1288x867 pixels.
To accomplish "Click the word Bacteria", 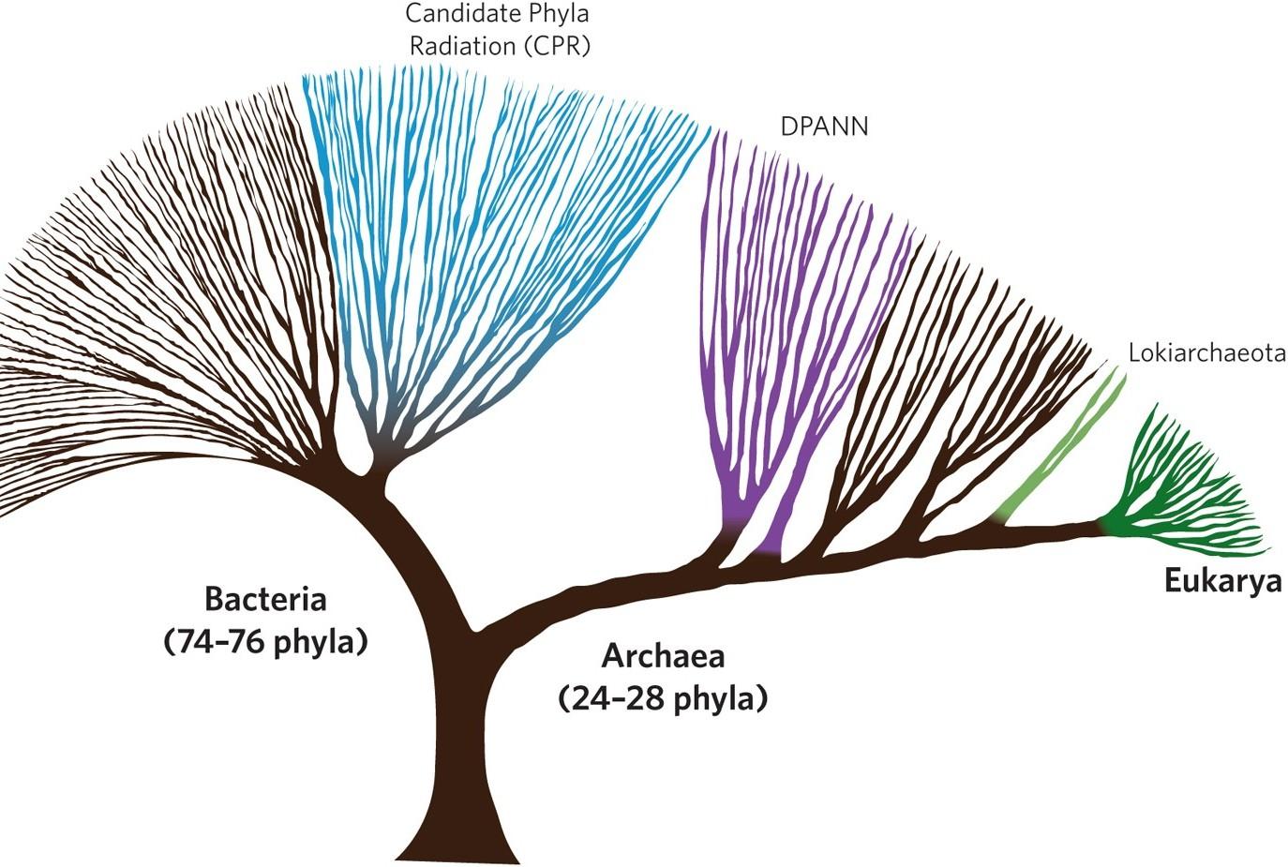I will pyautogui.click(x=265, y=600).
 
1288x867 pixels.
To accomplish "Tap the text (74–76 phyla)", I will pyautogui.click(x=265, y=643).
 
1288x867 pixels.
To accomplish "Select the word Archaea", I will pyautogui.click(x=663, y=656).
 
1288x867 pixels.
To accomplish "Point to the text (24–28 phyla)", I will pyautogui.click(x=663, y=699).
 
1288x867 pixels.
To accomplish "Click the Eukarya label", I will pyautogui.click(x=1222, y=582).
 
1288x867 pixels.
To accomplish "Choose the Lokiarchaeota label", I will pyautogui.click(x=1206, y=354).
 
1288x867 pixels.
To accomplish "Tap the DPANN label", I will pyautogui.click(x=824, y=126).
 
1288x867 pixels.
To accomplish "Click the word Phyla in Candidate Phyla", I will pyautogui.click(x=559, y=15).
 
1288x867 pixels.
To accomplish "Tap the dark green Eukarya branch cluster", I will pyautogui.click(x=1181, y=487).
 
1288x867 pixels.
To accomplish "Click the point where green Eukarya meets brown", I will pyautogui.click(x=1104, y=527).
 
